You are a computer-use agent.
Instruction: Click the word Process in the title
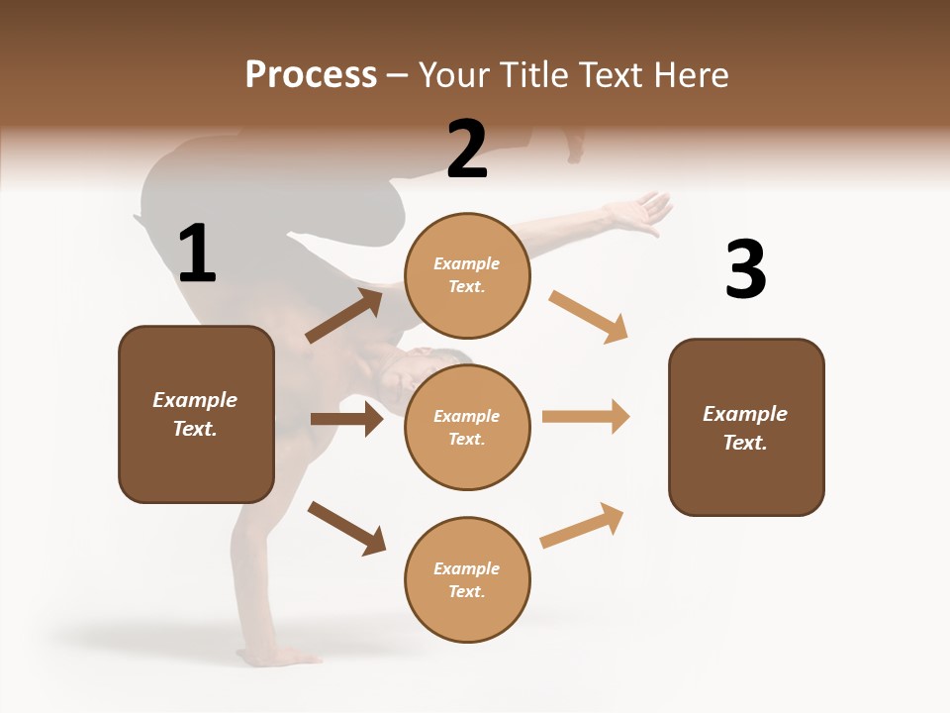(x=311, y=75)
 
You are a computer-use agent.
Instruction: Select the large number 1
(x=197, y=255)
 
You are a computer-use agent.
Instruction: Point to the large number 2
(x=467, y=150)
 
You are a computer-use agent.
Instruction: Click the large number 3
(x=745, y=269)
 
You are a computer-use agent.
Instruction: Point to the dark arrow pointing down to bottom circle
(x=346, y=528)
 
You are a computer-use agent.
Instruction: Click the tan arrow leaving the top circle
(x=588, y=316)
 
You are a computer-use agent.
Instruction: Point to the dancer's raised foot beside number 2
(x=573, y=145)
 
